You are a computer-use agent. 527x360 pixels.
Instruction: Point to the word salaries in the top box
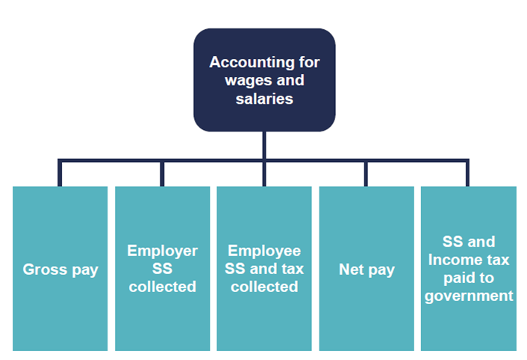tap(264, 97)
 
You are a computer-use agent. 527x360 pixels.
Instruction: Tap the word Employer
tap(162, 251)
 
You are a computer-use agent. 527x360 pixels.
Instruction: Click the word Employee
tap(264, 251)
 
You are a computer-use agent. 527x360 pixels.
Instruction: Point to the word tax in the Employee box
tap(293, 269)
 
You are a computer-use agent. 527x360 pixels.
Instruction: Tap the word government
tap(469, 296)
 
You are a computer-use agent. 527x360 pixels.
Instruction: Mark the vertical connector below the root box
tap(264, 146)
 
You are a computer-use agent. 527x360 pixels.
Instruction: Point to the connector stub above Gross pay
tap(60, 173)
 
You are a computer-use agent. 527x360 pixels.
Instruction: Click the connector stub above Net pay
tap(367, 173)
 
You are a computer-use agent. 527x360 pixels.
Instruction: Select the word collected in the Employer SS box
tap(162, 287)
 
